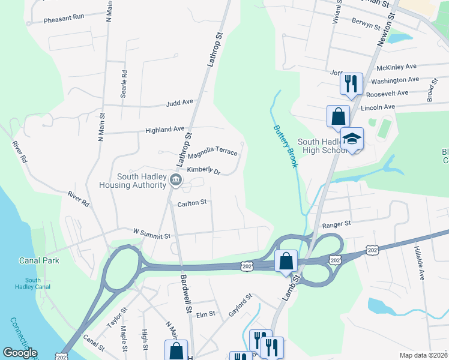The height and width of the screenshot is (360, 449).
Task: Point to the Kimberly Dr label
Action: pyautogui.click(x=204, y=171)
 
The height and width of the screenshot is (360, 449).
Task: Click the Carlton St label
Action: pyautogui.click(x=191, y=203)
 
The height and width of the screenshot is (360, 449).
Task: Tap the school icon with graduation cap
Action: pyautogui.click(x=352, y=139)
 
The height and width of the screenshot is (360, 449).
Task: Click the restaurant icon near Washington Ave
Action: pyautogui.click(x=351, y=83)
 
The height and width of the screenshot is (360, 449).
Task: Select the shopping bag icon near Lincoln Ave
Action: pyautogui.click(x=338, y=116)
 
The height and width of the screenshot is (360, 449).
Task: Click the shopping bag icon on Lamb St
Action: pyautogui.click(x=286, y=261)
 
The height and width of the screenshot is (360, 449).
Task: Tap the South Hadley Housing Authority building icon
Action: pyautogui.click(x=175, y=180)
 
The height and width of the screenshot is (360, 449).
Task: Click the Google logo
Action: pyautogui.click(x=20, y=353)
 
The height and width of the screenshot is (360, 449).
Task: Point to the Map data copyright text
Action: pyautogui.click(x=423, y=355)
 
